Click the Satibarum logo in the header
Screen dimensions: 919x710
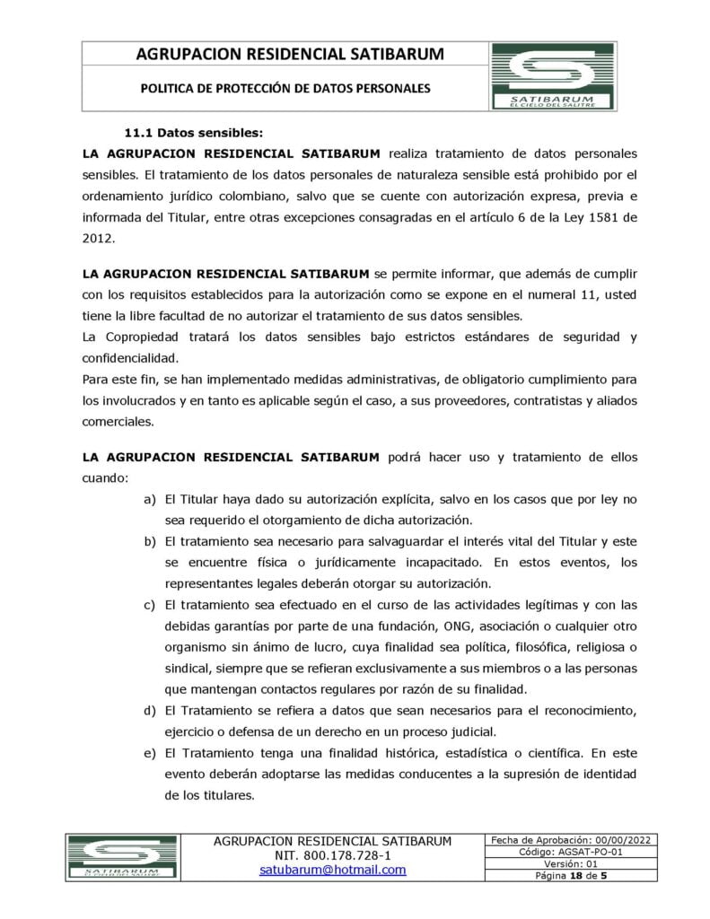pyautogui.click(x=552, y=78)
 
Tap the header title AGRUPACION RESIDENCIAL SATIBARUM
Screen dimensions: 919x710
pyautogui.click(x=289, y=55)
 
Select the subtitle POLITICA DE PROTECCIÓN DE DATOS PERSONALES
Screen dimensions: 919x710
pyautogui.click(x=285, y=89)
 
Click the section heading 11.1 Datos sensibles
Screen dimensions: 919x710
pyautogui.click(x=193, y=131)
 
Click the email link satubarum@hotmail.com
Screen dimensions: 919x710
pyautogui.click(x=333, y=871)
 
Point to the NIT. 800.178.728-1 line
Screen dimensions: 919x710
pyautogui.click(x=333, y=856)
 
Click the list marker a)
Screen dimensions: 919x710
pyautogui.click(x=149, y=498)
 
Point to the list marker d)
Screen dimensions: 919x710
pyautogui.click(x=149, y=712)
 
